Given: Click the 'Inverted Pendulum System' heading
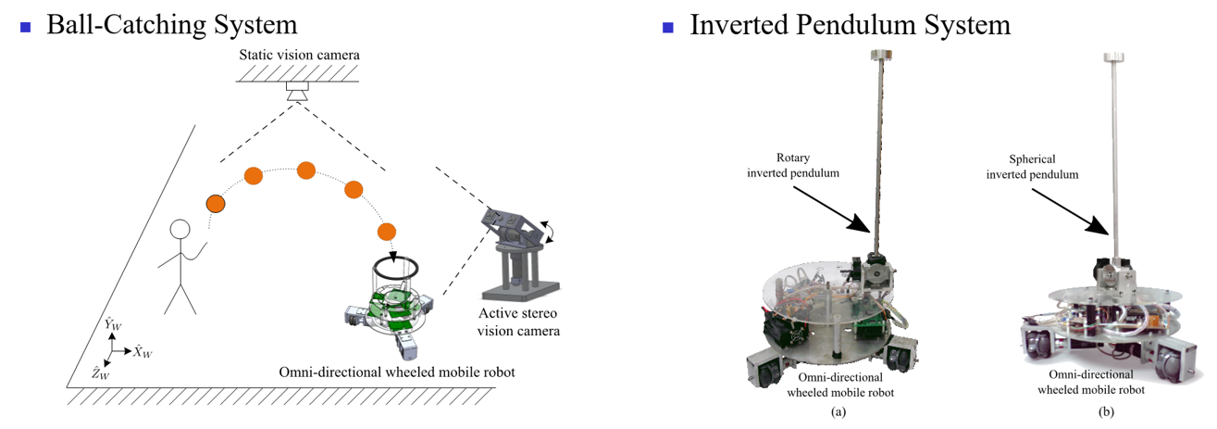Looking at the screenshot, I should pyautogui.click(x=850, y=24).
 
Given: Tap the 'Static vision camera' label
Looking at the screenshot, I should pyautogui.click(x=299, y=56).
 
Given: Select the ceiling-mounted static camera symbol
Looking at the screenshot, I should pyautogui.click(x=298, y=92).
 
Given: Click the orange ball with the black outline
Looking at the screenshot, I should pyautogui.click(x=216, y=202).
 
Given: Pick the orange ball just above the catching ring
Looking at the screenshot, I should pyautogui.click(x=387, y=231).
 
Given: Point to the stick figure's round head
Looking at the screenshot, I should pyautogui.click(x=180, y=231).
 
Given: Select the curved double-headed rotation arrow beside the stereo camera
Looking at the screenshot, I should pyautogui.click(x=552, y=231).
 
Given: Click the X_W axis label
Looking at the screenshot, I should pyautogui.click(x=143, y=353).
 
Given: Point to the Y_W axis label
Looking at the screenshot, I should pyautogui.click(x=113, y=324).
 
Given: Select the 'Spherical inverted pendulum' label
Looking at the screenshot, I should pyautogui.click(x=1033, y=167).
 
